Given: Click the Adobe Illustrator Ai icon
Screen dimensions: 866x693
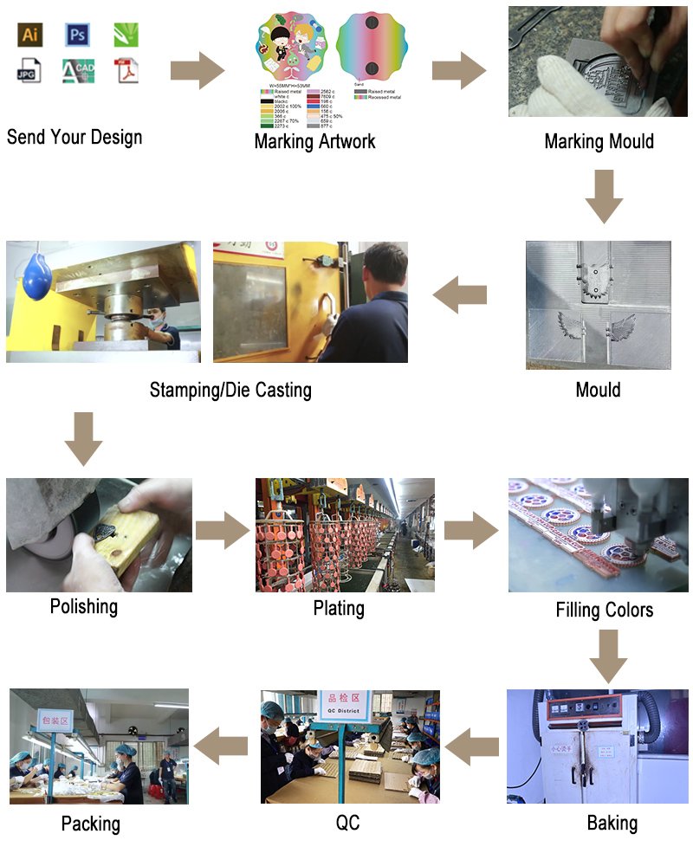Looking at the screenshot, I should [x=30, y=34].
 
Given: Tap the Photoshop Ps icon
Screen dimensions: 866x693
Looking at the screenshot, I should [x=78, y=34].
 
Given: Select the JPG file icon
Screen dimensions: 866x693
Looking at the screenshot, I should [x=30, y=71].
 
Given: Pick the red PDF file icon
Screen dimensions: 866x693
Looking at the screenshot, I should [x=126, y=71].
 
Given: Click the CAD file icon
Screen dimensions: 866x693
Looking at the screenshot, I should [x=78, y=71].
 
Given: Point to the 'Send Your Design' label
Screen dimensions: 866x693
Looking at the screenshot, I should [x=74, y=137].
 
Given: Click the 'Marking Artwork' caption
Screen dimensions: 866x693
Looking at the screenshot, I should [x=314, y=141].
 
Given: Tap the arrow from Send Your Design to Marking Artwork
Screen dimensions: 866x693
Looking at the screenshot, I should [x=198, y=70].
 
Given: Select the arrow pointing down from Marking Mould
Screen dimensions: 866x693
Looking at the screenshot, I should [x=604, y=196].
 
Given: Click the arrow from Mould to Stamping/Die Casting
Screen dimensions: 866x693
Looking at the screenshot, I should [x=459, y=296].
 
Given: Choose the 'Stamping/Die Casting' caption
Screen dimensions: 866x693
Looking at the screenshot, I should [x=230, y=390].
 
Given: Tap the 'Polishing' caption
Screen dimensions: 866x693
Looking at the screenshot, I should [x=84, y=605].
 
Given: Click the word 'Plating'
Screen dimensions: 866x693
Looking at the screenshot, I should [x=339, y=608].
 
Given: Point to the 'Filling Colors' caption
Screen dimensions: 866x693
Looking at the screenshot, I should [x=605, y=610].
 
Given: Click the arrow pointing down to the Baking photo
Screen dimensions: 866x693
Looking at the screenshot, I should [x=608, y=656].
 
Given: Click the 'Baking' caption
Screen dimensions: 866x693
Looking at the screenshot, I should [x=612, y=822].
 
